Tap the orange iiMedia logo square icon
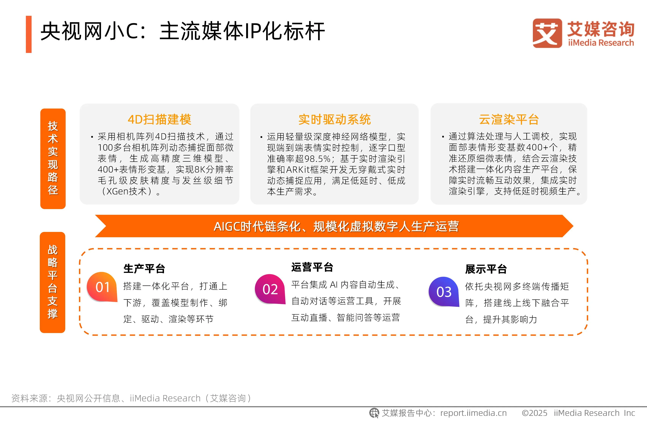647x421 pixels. pyautogui.click(x=547, y=33)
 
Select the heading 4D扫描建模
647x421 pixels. pyautogui.click(x=160, y=119)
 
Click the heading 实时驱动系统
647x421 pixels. pyautogui.click(x=335, y=119)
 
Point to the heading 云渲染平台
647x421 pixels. pyautogui.click(x=509, y=119)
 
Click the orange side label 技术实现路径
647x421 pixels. pyautogui.click(x=53, y=158)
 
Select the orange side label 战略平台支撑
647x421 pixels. pyautogui.click(x=53, y=282)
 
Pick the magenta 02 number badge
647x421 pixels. pyautogui.click(x=270, y=289)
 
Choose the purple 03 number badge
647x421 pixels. pyautogui.click(x=444, y=292)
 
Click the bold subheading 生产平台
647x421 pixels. pyautogui.click(x=144, y=269)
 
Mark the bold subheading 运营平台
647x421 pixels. pyautogui.click(x=312, y=267)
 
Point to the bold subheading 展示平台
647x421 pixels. pyautogui.click(x=486, y=269)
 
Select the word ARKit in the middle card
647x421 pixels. pyautogui.click(x=298, y=169)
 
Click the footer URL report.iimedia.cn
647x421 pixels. pyautogui.click(x=473, y=413)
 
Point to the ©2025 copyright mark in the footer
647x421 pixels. pyautogui.click(x=534, y=413)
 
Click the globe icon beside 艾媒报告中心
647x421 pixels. pyautogui.click(x=374, y=413)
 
